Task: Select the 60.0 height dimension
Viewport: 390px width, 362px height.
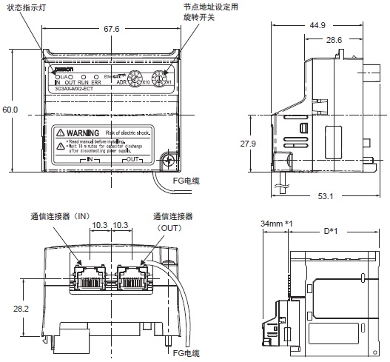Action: [x=10, y=110]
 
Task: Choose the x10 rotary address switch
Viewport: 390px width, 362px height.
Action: [x=136, y=77]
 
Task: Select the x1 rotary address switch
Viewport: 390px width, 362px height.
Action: [x=163, y=77]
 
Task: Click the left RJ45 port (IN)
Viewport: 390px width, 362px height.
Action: [x=90, y=275]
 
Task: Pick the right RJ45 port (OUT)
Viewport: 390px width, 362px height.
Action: [x=131, y=275]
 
